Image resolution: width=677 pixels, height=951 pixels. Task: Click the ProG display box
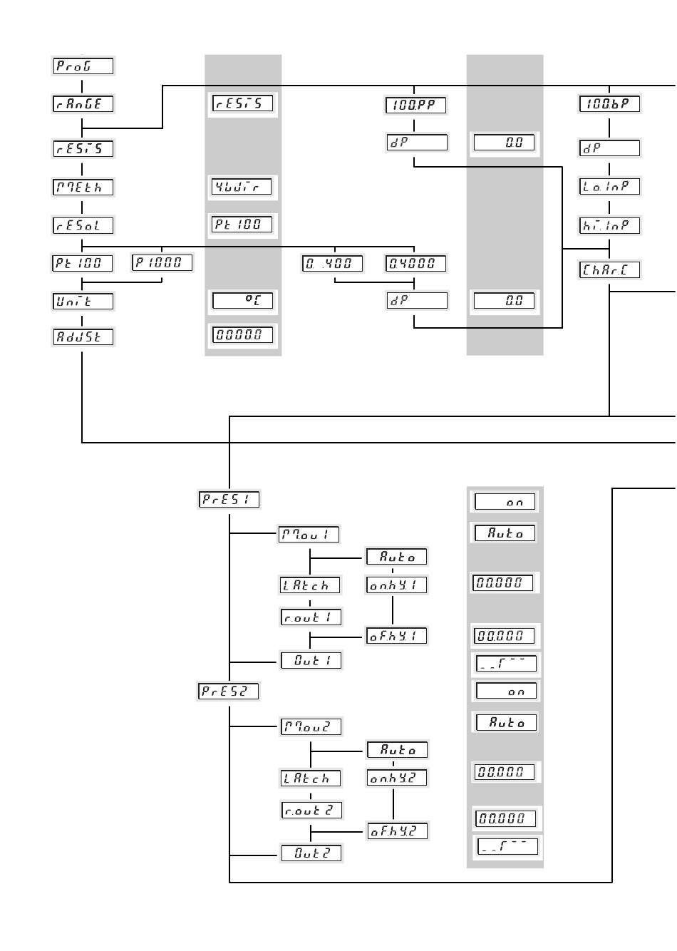click(83, 66)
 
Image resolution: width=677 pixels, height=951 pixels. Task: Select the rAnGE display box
click(83, 103)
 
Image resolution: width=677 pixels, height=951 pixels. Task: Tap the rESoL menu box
click(83, 225)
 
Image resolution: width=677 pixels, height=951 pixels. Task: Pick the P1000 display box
click(162, 262)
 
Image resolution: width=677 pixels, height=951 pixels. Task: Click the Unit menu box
click(83, 301)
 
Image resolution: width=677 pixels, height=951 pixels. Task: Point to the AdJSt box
click(83, 336)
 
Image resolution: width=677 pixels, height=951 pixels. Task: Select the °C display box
click(242, 300)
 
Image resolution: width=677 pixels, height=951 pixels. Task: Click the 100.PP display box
click(416, 106)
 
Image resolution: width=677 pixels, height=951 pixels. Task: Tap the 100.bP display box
click(609, 103)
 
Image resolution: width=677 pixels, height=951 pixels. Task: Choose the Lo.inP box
click(609, 186)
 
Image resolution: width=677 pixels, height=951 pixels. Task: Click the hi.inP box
click(609, 225)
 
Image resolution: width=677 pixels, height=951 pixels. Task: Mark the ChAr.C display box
click(609, 269)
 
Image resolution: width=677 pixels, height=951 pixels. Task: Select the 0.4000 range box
click(416, 263)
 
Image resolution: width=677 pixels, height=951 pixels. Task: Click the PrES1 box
click(229, 499)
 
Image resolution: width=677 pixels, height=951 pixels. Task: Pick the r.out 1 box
click(311, 617)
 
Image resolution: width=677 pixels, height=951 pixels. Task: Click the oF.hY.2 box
click(397, 831)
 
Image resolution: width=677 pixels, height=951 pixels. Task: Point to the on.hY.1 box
click(396, 585)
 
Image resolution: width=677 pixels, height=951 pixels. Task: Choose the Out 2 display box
click(311, 853)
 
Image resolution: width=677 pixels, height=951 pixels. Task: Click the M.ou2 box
click(311, 727)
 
